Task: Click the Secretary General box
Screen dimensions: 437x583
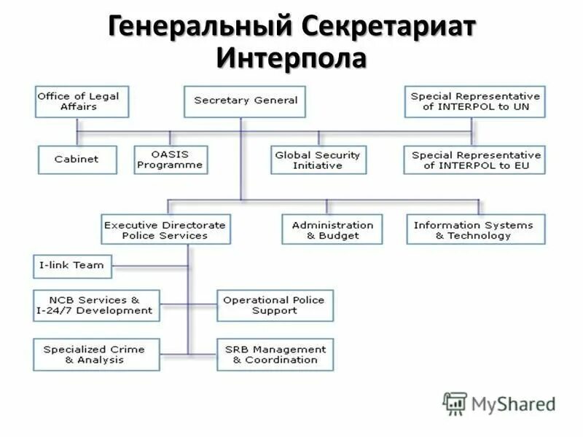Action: tap(245, 101)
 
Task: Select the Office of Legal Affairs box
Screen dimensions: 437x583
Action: tap(82, 101)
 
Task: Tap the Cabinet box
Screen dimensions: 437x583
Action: tap(77, 159)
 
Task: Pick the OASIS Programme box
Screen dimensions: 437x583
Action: tap(171, 160)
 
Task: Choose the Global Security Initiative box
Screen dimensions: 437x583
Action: tap(318, 160)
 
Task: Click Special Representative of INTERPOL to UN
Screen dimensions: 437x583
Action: tap(474, 101)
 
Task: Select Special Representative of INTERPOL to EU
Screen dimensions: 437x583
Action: tap(474, 160)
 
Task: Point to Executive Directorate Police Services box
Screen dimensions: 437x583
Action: tap(165, 229)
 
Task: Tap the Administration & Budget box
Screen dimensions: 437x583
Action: tap(332, 229)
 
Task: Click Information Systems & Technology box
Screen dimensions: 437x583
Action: tap(474, 229)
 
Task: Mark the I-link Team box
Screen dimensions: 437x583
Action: tap(72, 265)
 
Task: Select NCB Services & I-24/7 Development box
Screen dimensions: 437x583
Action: tap(95, 304)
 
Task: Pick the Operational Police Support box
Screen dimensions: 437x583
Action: tap(274, 304)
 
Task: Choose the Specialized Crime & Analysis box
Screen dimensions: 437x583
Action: tap(95, 354)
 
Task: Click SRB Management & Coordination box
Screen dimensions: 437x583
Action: tap(274, 354)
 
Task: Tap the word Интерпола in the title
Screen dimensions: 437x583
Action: tap(291, 56)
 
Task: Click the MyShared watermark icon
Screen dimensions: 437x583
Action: tap(455, 402)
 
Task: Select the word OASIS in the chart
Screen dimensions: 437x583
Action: tap(171, 154)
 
